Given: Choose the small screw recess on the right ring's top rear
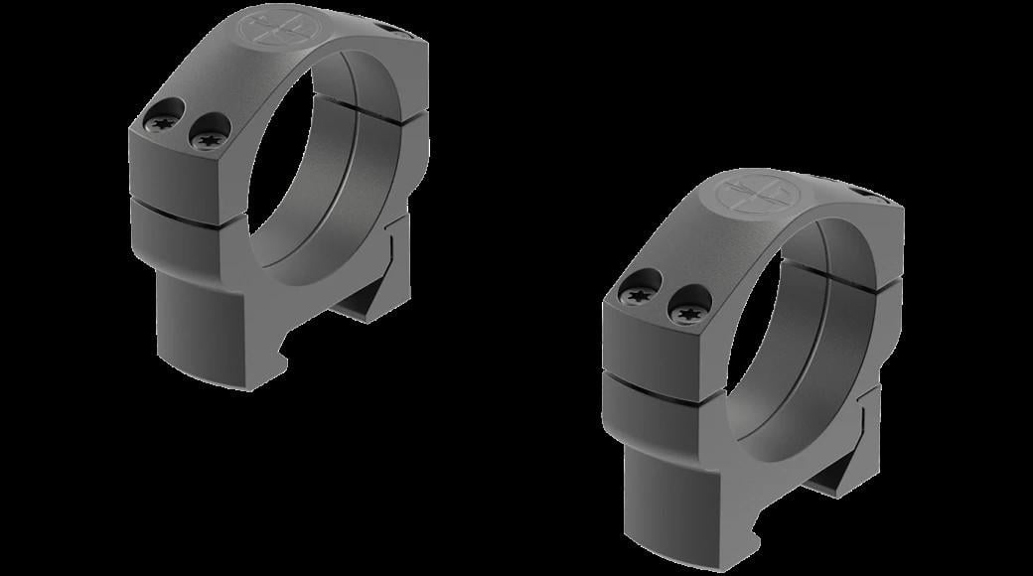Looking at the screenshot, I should (x=874, y=193).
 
